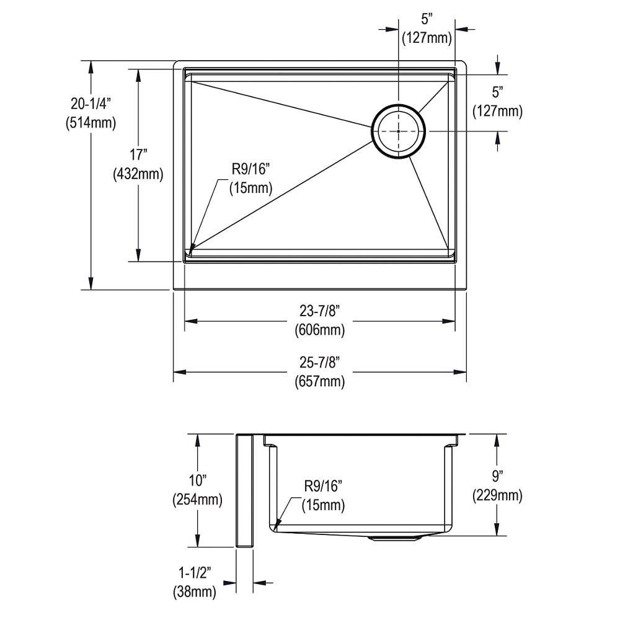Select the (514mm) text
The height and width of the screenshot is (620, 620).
tap(91, 123)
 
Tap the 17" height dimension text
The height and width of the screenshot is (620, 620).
tap(138, 155)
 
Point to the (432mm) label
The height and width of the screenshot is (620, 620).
tap(138, 175)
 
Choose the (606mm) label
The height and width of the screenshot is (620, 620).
tap(319, 330)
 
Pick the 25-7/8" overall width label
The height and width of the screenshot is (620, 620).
tap(319, 361)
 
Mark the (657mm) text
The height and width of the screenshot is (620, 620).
tap(319, 381)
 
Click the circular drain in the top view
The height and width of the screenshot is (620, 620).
tap(399, 131)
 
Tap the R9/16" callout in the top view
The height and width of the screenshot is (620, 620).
tap(252, 168)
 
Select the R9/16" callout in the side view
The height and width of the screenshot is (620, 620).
tap(324, 485)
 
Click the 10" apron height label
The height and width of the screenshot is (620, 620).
tap(197, 480)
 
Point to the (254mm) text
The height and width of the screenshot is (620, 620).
tap(197, 500)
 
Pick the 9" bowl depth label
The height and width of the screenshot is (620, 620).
tap(497, 476)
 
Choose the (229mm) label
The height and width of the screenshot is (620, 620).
tap(497, 496)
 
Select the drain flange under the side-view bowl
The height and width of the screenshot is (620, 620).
tap(395, 538)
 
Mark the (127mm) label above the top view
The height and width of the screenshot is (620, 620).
tap(427, 38)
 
